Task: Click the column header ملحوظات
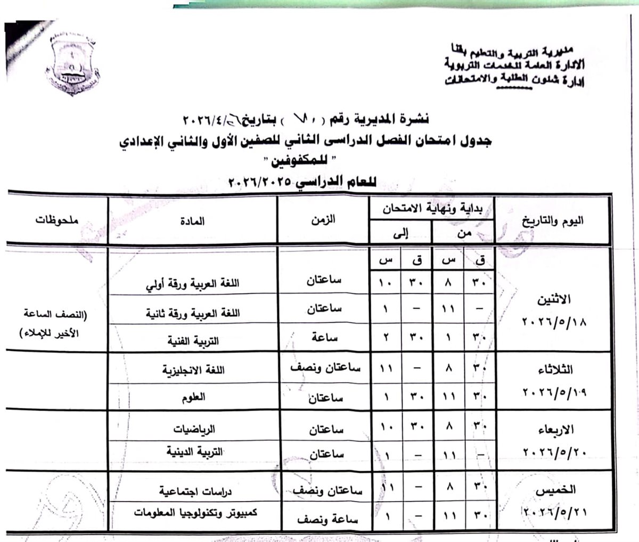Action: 57,220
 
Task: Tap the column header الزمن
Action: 324,220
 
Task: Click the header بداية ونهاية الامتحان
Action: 432,209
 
